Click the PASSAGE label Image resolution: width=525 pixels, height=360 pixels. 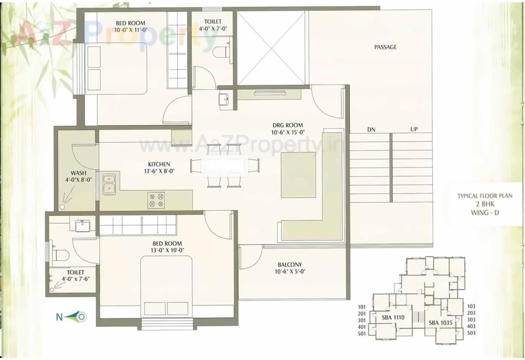(385, 47)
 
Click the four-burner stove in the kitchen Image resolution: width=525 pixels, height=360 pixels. (156, 201)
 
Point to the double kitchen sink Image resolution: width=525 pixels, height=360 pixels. (109, 183)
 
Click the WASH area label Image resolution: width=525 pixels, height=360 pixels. (78, 173)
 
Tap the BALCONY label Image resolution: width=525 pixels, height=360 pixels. (290, 264)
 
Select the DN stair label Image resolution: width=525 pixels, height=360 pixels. (371, 130)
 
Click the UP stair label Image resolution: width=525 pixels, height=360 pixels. (414, 130)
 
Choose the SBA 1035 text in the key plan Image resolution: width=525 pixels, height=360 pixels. (441, 323)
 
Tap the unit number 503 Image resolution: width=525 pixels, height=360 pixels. (471, 333)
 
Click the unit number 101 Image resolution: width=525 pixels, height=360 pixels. (361, 307)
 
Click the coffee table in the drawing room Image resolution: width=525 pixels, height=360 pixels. (298, 175)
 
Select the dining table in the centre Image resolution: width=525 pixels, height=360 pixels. (224, 166)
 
